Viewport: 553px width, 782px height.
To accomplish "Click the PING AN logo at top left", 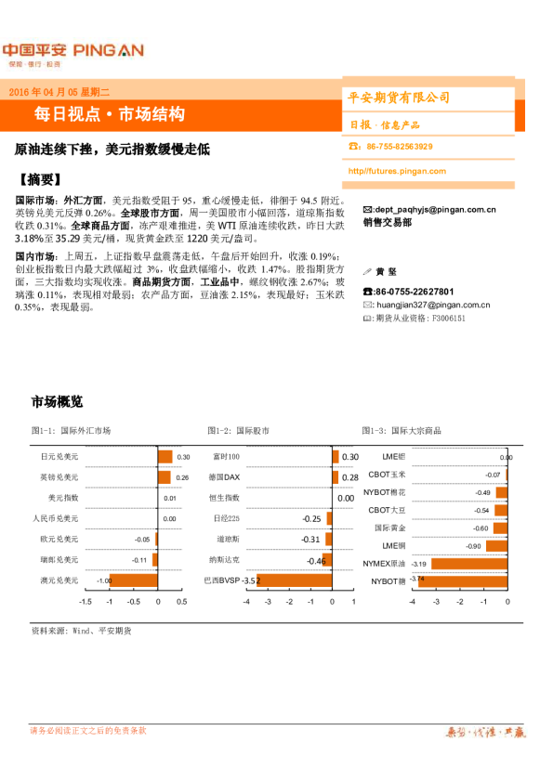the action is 72,50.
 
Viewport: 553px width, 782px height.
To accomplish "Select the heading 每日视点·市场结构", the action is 110,114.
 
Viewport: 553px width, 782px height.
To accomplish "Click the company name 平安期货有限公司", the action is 398,98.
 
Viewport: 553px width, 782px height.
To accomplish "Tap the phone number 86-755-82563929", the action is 399,147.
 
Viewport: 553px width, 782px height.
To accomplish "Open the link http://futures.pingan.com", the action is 396,171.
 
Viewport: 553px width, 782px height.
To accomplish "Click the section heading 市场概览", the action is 57,402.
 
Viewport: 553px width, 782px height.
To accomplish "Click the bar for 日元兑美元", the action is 165,457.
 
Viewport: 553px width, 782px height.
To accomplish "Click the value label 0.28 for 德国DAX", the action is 349,477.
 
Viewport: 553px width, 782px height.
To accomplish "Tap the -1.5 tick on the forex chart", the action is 85,602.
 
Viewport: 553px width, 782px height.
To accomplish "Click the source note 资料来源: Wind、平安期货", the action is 81,631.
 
